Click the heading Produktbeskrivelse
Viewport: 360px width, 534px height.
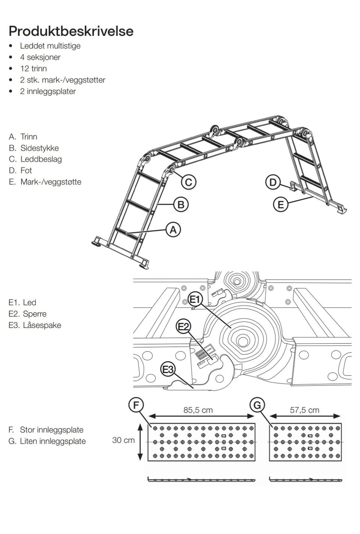point(71,31)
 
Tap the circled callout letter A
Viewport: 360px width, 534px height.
point(173,229)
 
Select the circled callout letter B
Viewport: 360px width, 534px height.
point(181,205)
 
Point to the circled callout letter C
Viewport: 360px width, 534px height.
point(189,182)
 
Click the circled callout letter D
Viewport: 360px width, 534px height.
point(273,182)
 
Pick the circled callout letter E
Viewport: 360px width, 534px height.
point(280,205)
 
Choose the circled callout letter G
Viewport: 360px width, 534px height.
point(257,405)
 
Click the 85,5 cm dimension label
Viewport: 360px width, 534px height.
point(198,410)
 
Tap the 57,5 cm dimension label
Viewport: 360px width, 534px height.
point(304,410)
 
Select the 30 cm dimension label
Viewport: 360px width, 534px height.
point(123,440)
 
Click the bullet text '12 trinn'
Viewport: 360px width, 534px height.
point(33,69)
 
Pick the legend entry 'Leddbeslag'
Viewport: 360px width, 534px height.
point(41,159)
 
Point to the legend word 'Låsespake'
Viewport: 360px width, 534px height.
point(42,325)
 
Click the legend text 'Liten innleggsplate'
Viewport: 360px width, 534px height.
point(52,441)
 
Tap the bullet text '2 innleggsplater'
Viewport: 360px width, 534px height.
point(48,91)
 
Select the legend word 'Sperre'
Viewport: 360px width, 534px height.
point(34,314)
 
